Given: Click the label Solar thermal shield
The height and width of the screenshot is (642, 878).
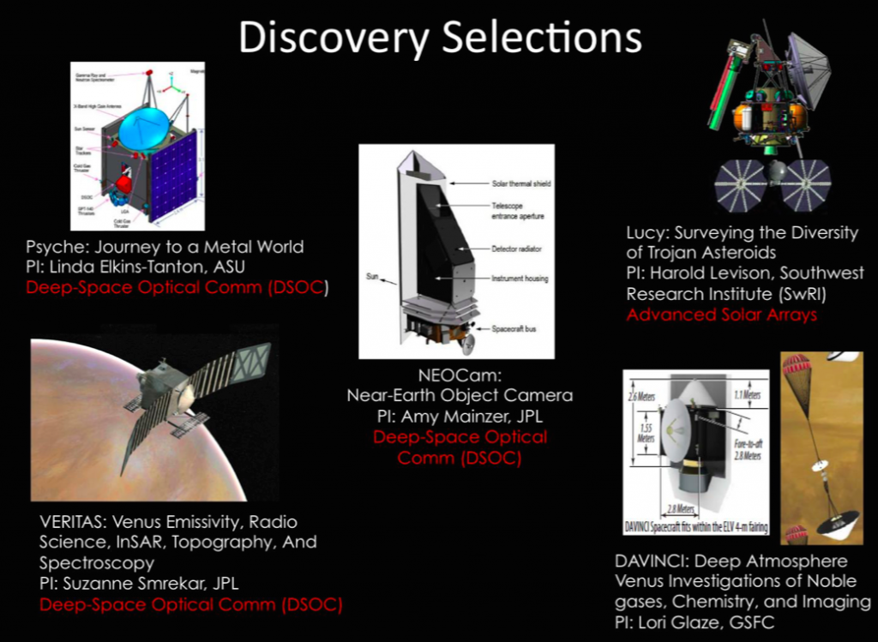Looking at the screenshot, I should (520, 183).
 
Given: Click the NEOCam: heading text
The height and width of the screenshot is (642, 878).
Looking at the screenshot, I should (459, 375).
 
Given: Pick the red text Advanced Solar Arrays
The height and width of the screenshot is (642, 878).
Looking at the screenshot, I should (721, 315).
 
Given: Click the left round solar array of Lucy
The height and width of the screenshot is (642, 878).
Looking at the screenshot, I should (740, 185).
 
